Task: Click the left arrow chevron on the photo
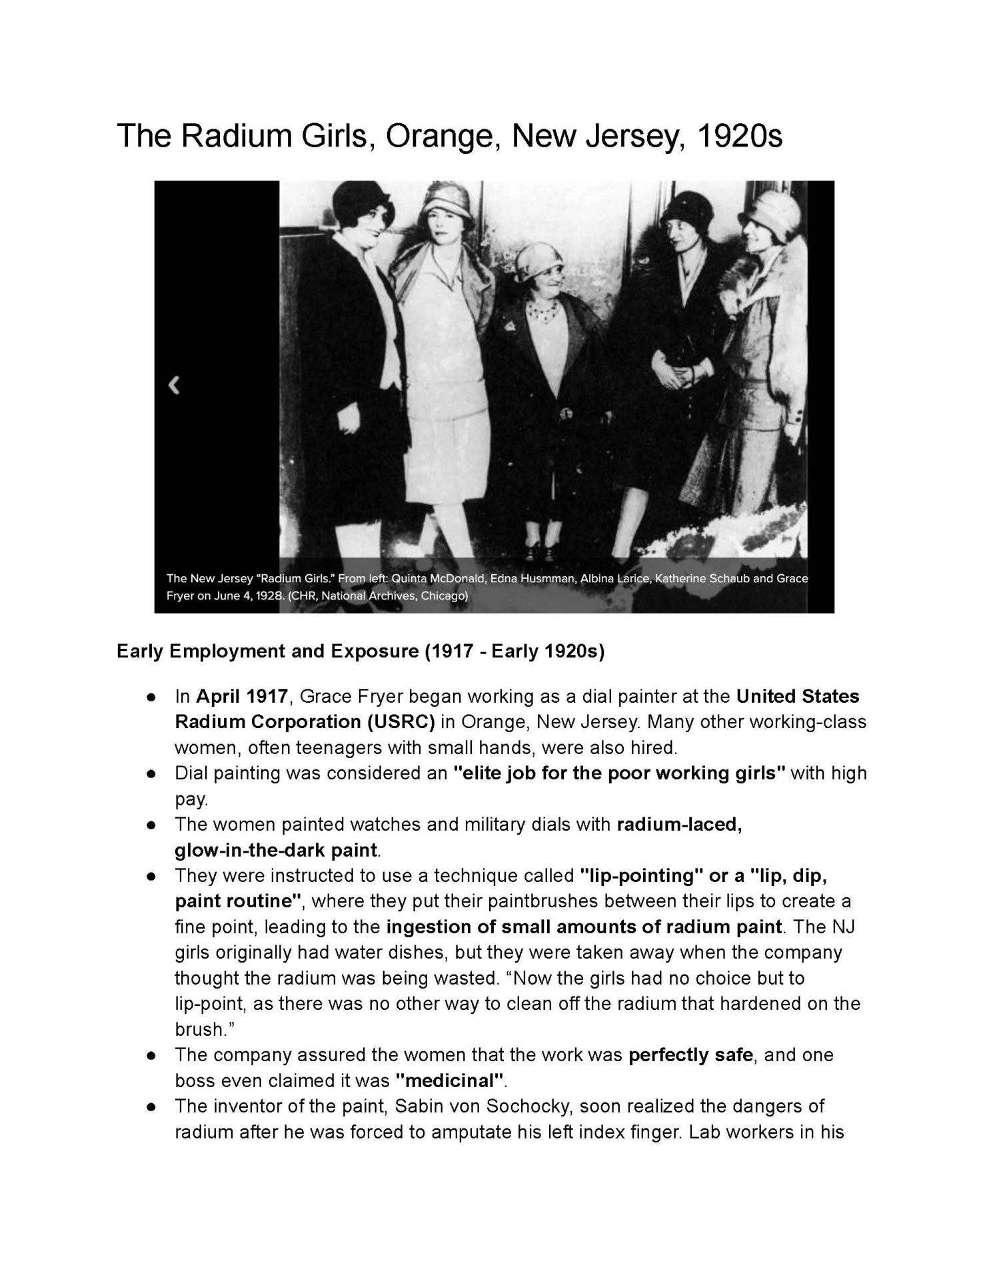point(174,385)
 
